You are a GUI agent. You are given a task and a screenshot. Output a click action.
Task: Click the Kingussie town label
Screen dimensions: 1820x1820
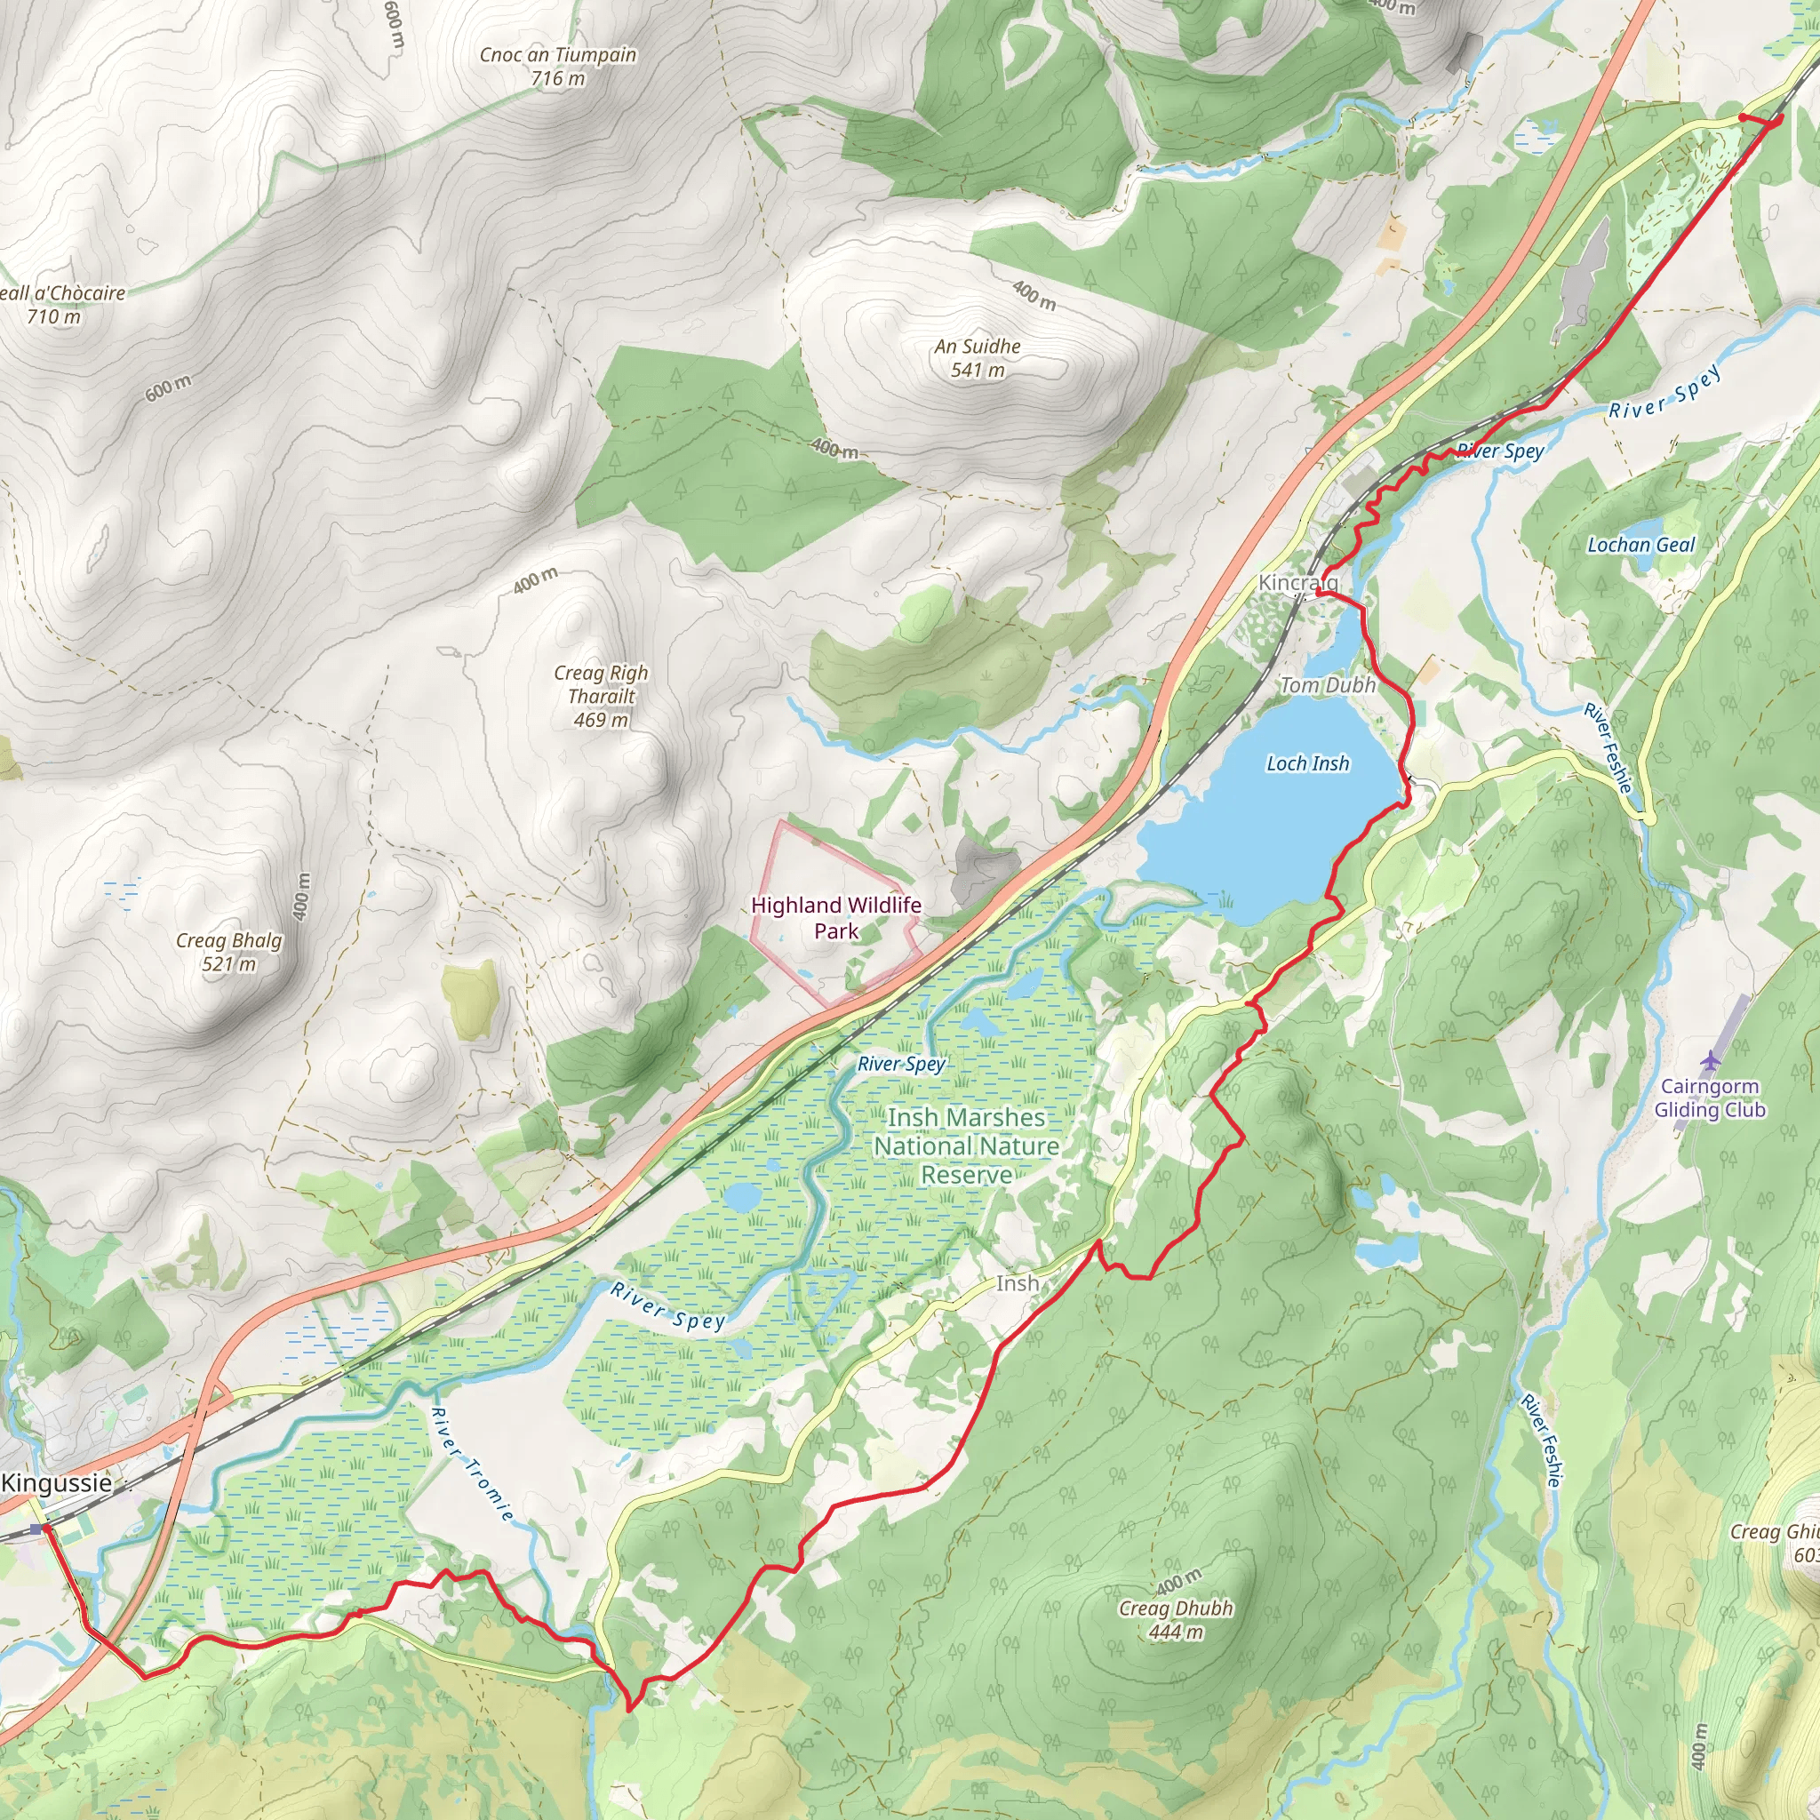click(x=57, y=1483)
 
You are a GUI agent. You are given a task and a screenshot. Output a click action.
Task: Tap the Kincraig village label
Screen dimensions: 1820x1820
click(x=1297, y=582)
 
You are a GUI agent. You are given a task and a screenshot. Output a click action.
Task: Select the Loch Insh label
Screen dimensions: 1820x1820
click(x=1307, y=763)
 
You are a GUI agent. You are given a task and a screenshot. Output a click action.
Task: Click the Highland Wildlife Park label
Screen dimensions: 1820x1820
click(x=835, y=917)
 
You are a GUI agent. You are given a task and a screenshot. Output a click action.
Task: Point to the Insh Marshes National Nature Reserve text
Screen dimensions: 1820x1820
click(x=967, y=1145)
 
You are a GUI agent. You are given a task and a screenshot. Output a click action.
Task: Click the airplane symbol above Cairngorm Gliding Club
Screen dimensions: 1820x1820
click(x=1710, y=1061)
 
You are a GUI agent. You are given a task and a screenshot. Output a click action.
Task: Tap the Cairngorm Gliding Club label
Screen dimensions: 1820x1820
click(x=1710, y=1098)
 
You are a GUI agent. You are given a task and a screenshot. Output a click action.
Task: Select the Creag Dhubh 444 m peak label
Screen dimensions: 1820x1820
click(x=1176, y=1619)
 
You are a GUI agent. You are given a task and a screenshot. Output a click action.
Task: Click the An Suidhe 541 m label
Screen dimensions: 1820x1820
click(x=977, y=358)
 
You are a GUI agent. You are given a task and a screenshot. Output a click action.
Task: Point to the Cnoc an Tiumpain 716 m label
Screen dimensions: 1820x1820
click(x=558, y=66)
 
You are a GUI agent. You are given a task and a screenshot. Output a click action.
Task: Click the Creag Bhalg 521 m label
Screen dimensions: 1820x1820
click(x=229, y=952)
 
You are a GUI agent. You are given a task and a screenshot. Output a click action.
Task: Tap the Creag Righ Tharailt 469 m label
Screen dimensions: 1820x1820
click(x=601, y=696)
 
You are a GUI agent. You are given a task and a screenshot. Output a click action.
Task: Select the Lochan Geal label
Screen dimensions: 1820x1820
click(x=1641, y=545)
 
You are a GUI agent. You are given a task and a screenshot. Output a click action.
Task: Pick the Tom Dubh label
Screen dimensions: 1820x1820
click(x=1328, y=685)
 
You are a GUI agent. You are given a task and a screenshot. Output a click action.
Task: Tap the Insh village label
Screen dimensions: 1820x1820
click(x=1018, y=1283)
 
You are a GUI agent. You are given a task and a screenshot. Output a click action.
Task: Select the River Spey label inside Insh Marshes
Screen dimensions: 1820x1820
click(x=900, y=1064)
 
